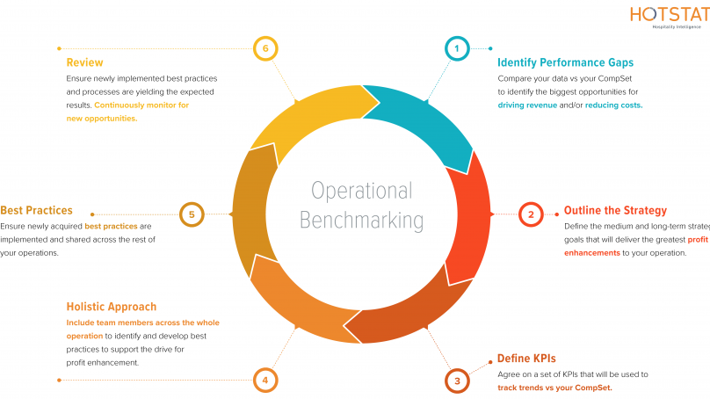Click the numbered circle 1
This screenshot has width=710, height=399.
coord(456,48)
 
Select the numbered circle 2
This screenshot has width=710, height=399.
coord(531,214)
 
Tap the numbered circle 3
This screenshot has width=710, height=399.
coord(457,380)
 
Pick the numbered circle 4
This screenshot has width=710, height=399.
coord(264,380)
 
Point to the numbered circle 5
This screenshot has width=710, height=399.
coord(192,214)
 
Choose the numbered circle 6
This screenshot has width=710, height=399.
coord(264,48)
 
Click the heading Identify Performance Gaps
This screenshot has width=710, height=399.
coord(565,63)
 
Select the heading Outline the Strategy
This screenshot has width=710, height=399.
coord(615,211)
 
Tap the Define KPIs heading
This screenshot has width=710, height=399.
coord(526,359)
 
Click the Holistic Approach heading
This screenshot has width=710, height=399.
coord(112,307)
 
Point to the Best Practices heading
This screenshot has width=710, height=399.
coord(36,211)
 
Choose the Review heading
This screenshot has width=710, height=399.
coord(84,63)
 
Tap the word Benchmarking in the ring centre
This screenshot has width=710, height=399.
coord(361,220)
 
